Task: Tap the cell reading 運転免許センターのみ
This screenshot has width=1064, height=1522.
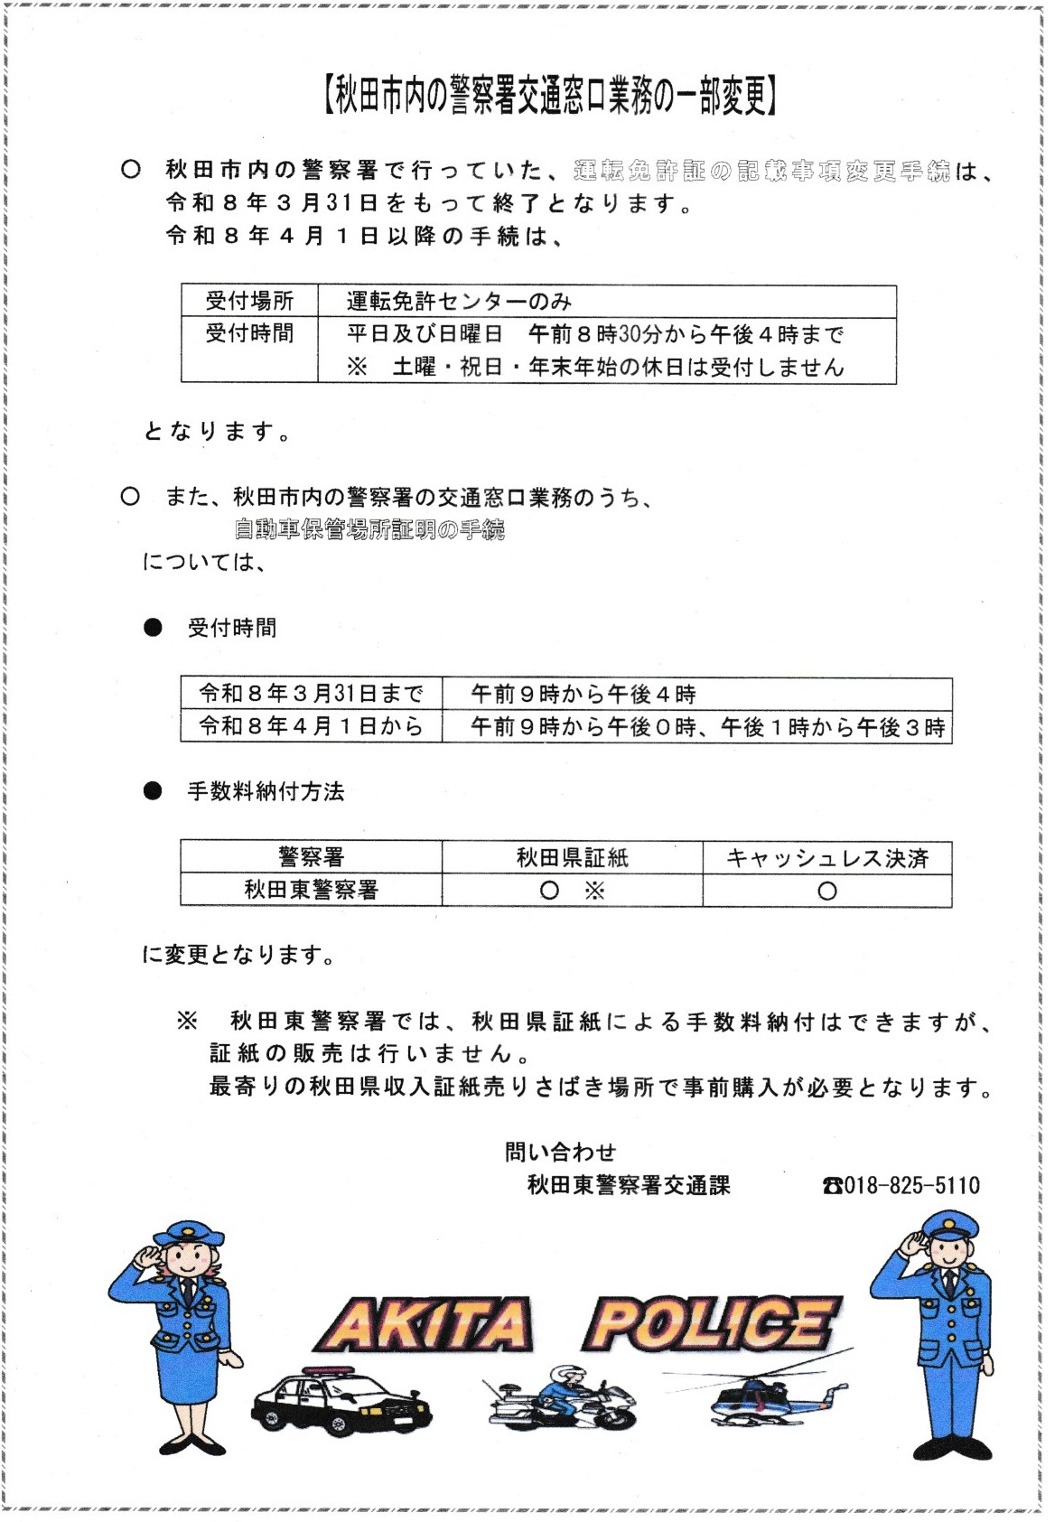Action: (459, 301)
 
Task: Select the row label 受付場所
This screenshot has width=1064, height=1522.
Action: (249, 301)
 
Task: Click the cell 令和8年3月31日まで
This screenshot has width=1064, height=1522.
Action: (311, 694)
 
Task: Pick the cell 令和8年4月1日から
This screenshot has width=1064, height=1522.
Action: (311, 726)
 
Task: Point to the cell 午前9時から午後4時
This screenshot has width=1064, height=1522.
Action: (583, 694)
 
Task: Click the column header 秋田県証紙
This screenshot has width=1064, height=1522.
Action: (572, 857)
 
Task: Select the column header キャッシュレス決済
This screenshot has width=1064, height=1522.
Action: (826, 857)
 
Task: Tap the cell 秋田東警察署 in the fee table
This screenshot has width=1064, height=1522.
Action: (311, 890)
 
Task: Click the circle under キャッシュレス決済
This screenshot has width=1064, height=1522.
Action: (826, 891)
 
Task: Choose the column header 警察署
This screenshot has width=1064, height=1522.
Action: (311, 857)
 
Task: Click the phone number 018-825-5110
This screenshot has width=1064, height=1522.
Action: (911, 1185)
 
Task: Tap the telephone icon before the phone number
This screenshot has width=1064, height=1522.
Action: (832, 1185)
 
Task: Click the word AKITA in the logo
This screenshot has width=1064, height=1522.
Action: (425, 1325)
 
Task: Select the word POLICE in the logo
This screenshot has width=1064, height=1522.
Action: (714, 1323)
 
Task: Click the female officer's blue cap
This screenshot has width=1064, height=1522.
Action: (188, 1232)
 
